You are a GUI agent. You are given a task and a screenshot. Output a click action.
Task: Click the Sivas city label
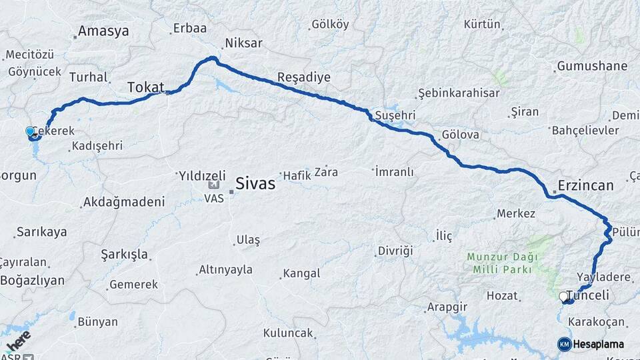(x=255, y=184)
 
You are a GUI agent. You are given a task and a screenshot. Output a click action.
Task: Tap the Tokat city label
(x=146, y=87)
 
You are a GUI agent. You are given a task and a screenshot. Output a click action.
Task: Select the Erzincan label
(x=586, y=186)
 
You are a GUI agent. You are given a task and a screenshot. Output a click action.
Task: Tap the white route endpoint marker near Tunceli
(x=563, y=296)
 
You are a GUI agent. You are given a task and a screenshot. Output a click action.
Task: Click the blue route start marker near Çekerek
(x=30, y=131)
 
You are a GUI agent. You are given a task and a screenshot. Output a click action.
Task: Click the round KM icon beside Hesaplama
(x=564, y=344)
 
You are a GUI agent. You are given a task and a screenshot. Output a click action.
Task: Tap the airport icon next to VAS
(x=214, y=185)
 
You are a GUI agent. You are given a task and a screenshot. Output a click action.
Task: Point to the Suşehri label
(x=395, y=115)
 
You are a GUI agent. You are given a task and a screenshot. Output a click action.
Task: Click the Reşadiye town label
(x=304, y=77)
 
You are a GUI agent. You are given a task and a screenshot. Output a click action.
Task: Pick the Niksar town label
(x=244, y=43)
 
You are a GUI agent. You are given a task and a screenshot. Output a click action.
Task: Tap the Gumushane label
(x=592, y=66)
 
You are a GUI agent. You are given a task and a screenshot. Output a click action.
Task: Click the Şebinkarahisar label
(x=459, y=93)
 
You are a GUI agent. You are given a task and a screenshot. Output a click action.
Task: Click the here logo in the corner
(x=17, y=342)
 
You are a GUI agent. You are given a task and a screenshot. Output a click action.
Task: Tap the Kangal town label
(x=301, y=273)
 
